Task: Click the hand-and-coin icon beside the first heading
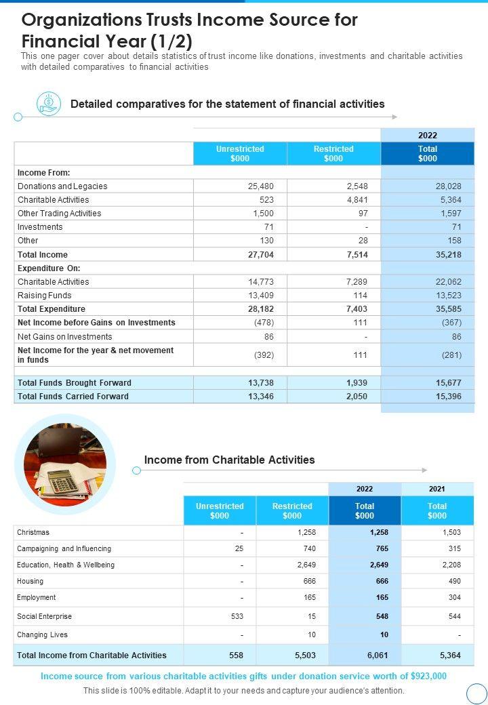click(x=48, y=104)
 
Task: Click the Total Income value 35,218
click(x=448, y=255)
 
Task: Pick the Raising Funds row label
click(x=44, y=296)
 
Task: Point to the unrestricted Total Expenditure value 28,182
click(x=260, y=309)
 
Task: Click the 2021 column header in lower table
click(x=437, y=489)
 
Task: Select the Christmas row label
click(x=33, y=533)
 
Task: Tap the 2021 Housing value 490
click(x=454, y=582)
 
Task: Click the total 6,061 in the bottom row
click(x=365, y=656)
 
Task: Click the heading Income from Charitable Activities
click(x=229, y=460)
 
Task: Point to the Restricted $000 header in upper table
click(x=333, y=154)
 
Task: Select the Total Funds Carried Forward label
click(x=73, y=397)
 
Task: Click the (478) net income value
click(x=264, y=323)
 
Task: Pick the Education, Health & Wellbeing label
click(x=66, y=565)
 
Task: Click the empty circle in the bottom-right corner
click(x=477, y=693)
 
